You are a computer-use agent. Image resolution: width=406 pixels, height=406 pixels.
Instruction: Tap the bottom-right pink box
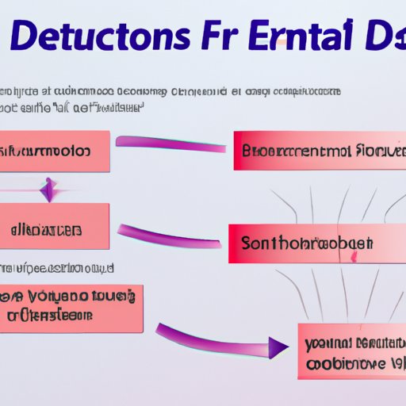[x=350, y=350]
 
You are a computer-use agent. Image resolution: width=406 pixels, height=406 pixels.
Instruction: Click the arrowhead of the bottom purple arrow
[x=277, y=347]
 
